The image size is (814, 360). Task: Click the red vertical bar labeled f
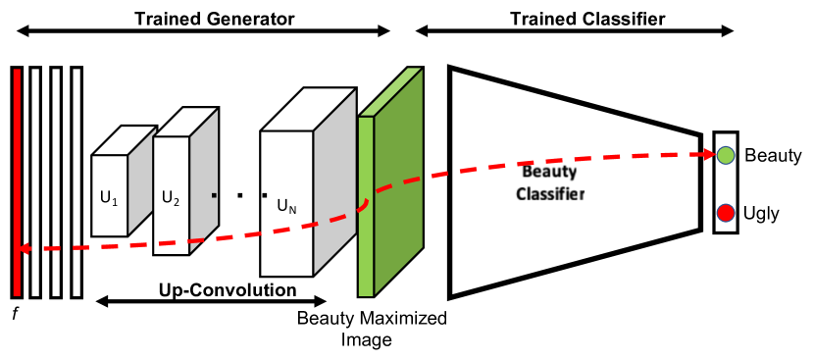pyautogui.click(x=16, y=181)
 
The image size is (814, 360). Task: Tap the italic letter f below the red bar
pyautogui.click(x=15, y=315)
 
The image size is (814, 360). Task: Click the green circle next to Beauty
pyautogui.click(x=726, y=155)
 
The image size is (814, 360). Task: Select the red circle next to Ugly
pyautogui.click(x=726, y=213)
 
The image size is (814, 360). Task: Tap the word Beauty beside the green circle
pyautogui.click(x=773, y=155)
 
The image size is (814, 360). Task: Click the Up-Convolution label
pyautogui.click(x=228, y=289)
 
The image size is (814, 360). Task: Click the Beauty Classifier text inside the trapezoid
pyautogui.click(x=552, y=182)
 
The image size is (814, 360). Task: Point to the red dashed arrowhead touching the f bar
pyautogui.click(x=26, y=249)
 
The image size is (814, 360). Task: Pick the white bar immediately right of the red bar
pyautogui.click(x=35, y=181)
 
